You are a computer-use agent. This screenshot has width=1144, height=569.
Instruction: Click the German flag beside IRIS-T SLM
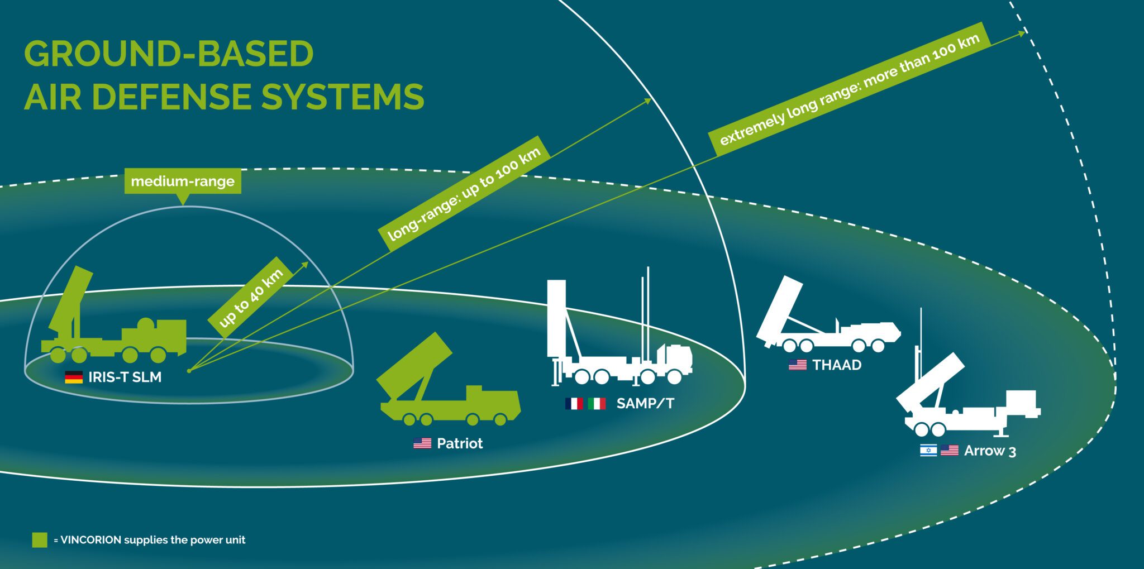(74, 377)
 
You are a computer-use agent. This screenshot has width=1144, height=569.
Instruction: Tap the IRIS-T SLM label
(125, 377)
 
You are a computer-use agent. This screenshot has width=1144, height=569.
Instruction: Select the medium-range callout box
(183, 181)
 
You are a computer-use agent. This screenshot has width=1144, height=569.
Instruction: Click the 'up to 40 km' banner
(251, 298)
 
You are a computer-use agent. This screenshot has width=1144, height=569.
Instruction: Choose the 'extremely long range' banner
(849, 89)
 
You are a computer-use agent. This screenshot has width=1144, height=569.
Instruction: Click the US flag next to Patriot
(422, 443)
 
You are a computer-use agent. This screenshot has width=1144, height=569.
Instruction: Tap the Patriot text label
(460, 443)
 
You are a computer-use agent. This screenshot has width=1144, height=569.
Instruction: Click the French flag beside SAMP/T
(574, 403)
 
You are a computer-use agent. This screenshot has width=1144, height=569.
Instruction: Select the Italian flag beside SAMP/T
(597, 403)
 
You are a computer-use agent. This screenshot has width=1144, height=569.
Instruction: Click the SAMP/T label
(645, 403)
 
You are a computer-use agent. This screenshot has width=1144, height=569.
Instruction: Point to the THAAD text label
(837, 365)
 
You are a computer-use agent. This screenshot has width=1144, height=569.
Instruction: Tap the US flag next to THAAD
(798, 365)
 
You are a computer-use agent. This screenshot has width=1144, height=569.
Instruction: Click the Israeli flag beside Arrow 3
(928, 450)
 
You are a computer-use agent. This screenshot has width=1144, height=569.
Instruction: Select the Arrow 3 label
(990, 451)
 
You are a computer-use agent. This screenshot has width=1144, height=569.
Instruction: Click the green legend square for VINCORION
(40, 540)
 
